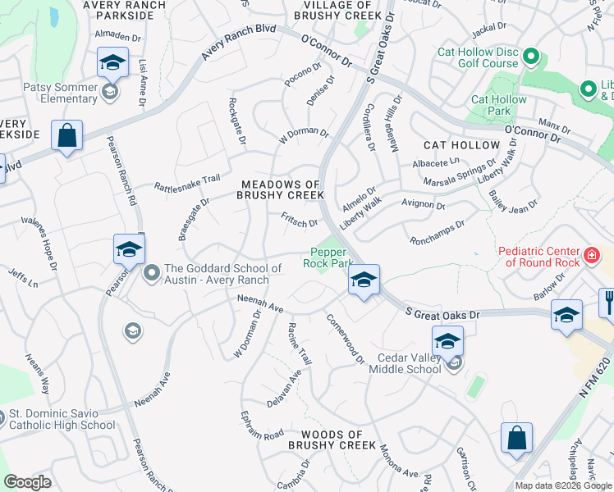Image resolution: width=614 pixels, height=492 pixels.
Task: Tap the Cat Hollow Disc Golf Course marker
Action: (530, 57)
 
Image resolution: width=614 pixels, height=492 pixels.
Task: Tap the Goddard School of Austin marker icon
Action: (150, 271)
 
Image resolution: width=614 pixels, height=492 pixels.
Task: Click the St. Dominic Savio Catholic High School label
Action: (61, 420)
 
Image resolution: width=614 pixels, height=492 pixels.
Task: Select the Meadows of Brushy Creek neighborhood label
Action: (280, 189)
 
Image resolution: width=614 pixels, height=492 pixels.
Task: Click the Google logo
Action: (28, 482)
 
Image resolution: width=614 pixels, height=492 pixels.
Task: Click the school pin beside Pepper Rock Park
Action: (364, 280)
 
